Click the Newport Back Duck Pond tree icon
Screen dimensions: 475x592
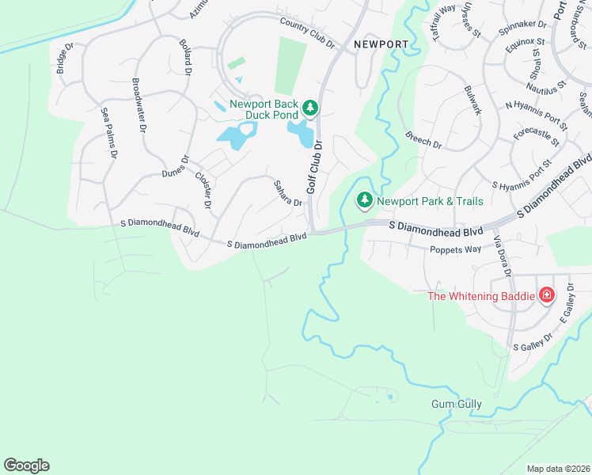(x=311, y=107)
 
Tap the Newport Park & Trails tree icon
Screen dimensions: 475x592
(x=365, y=201)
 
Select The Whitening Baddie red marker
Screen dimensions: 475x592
(x=546, y=296)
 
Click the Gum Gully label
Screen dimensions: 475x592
(x=456, y=404)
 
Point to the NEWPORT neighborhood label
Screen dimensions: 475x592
(x=381, y=44)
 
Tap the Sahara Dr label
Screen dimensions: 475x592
(x=288, y=192)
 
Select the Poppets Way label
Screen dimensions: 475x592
(x=456, y=249)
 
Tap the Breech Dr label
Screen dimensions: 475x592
(x=423, y=139)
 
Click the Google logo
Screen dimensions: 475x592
(x=26, y=465)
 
